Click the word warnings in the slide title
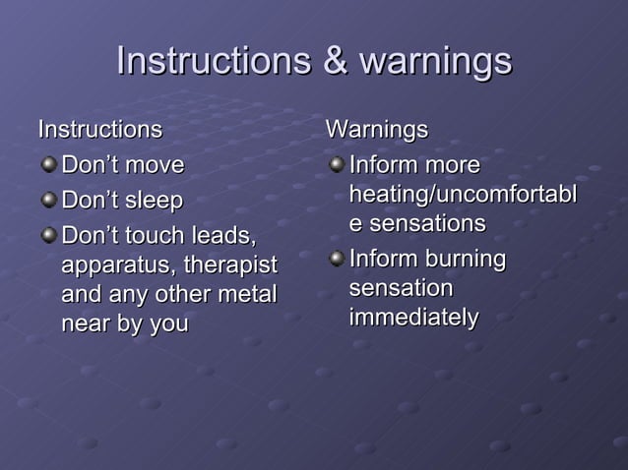(435, 62)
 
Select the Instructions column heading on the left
(99, 129)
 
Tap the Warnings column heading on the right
(377, 129)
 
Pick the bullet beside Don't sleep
(48, 201)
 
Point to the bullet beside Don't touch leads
(48, 237)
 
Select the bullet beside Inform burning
(337, 260)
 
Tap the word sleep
(152, 202)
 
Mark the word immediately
(413, 319)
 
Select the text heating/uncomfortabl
(463, 194)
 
